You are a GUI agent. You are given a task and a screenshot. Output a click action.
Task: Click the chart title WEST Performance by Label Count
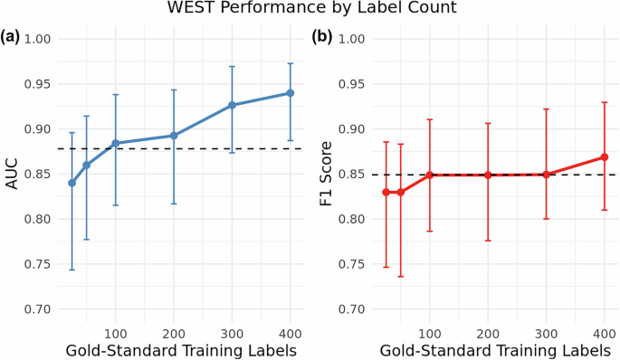tap(310, 9)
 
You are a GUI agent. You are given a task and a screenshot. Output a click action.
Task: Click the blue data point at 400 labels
tap(291, 93)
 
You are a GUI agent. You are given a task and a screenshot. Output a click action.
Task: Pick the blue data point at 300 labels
tap(232, 105)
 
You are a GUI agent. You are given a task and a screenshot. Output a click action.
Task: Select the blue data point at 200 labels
tap(174, 136)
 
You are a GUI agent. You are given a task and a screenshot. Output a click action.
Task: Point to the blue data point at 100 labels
tap(115, 143)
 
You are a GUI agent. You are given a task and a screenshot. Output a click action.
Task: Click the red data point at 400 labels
tap(604, 157)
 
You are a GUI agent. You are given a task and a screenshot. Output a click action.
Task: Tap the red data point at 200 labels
tap(488, 175)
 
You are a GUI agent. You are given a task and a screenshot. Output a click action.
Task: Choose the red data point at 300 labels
tap(546, 174)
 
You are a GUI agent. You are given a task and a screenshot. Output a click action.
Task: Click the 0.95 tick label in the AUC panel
tap(41, 84)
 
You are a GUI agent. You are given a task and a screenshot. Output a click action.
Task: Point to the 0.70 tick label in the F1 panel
tap(354, 309)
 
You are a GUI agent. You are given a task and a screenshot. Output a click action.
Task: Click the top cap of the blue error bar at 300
tap(232, 66)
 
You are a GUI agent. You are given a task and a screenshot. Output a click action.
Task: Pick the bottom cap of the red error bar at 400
tap(604, 210)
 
